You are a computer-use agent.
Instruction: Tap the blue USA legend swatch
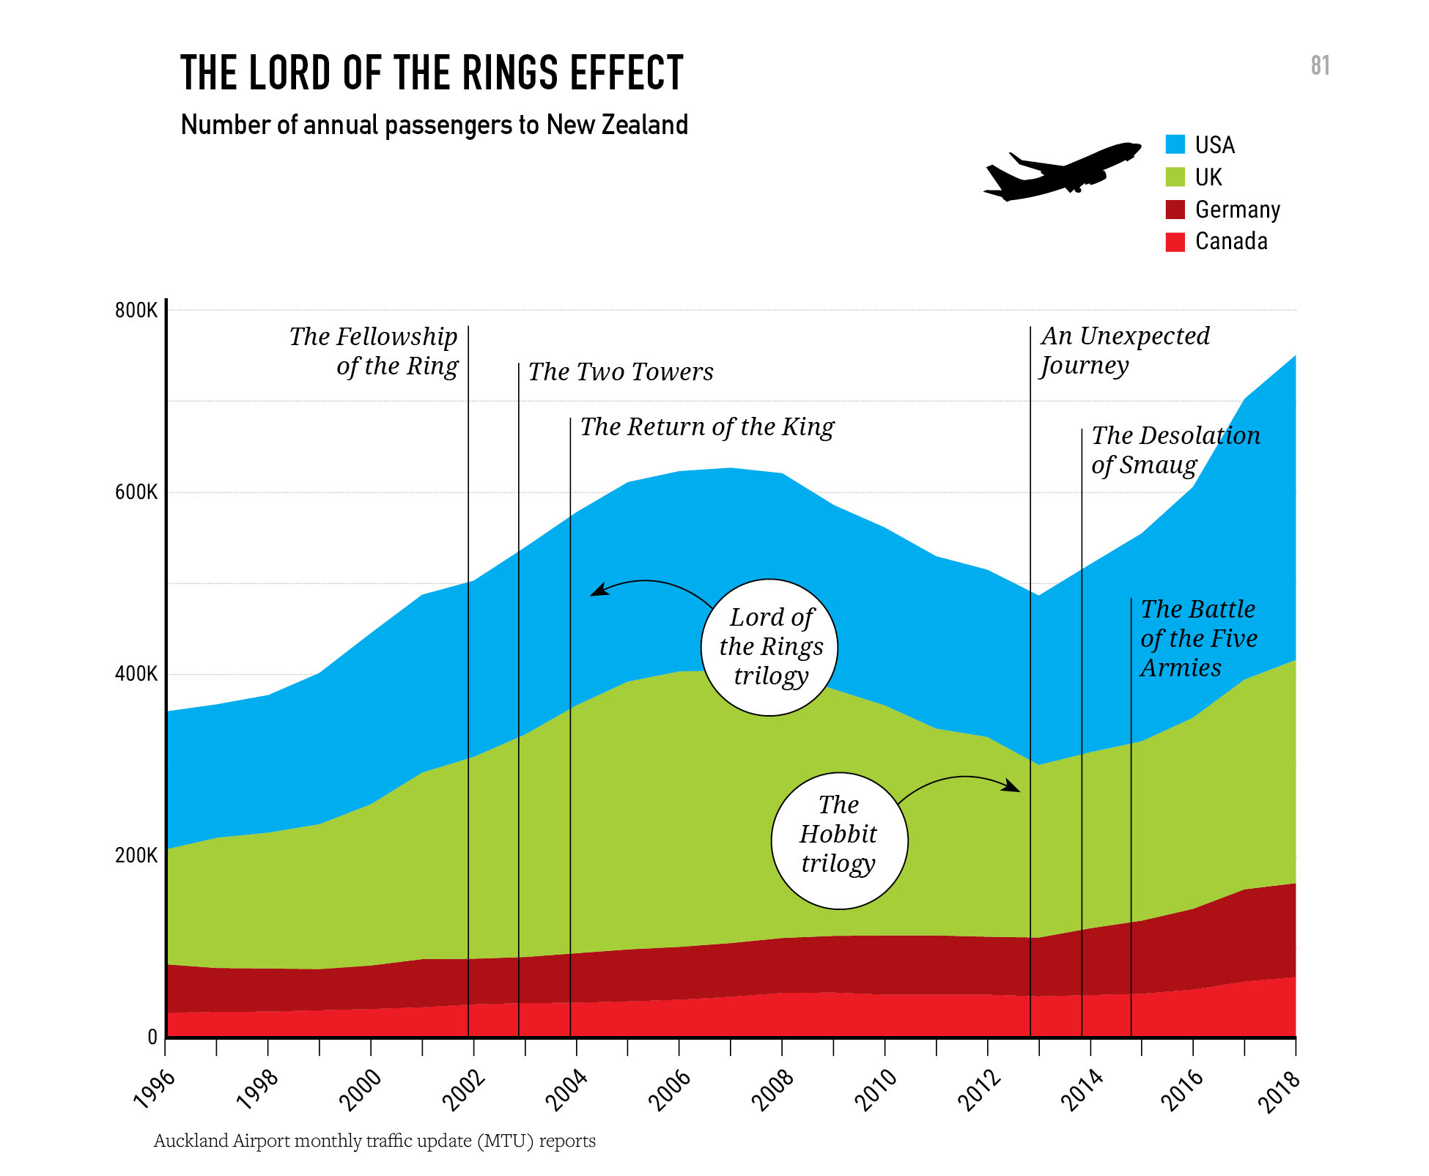(x=1175, y=144)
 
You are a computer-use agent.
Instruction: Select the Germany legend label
(x=1237, y=210)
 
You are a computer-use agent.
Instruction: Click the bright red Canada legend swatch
(x=1175, y=242)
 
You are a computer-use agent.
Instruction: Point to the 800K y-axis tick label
(x=136, y=310)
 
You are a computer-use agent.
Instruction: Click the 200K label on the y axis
(x=136, y=855)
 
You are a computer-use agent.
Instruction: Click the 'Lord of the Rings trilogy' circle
(x=769, y=647)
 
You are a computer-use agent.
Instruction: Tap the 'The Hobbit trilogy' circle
(x=839, y=840)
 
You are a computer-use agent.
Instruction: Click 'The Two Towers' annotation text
(x=620, y=372)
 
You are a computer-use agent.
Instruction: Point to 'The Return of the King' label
(x=706, y=427)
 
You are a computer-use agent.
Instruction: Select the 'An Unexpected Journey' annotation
(x=1124, y=350)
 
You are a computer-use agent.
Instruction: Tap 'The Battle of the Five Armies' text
(x=1197, y=638)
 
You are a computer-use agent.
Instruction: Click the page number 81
(x=1320, y=66)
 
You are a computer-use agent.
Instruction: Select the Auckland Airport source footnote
(x=374, y=1141)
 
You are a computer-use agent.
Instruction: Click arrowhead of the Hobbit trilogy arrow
(x=1013, y=786)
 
